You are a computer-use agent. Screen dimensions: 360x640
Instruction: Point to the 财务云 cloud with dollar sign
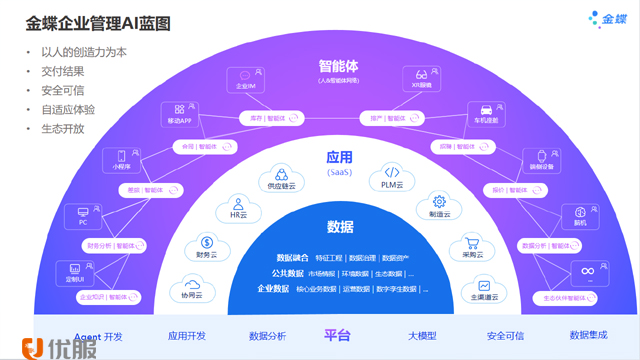pos(205,245)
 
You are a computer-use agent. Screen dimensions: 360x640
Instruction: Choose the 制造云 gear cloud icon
pos(438,205)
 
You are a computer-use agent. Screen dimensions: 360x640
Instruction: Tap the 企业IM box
pos(247,79)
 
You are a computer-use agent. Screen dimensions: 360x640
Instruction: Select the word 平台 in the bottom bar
pos(337,336)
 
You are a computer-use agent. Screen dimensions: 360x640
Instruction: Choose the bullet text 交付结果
pos(62,71)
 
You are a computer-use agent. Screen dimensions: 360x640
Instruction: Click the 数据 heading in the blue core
pos(339,226)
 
